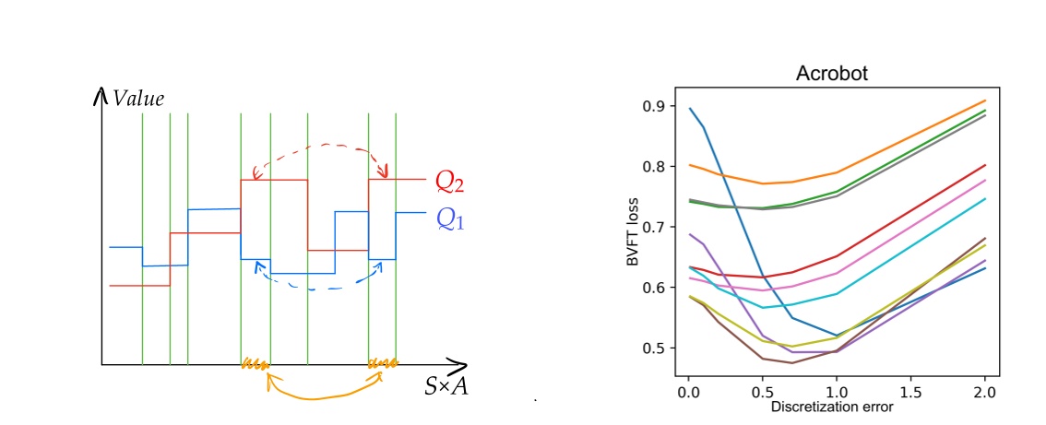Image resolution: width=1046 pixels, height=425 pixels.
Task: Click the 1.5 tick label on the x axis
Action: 911,391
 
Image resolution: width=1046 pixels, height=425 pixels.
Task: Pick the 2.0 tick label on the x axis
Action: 985,391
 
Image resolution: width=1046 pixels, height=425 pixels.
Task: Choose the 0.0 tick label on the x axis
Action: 688,391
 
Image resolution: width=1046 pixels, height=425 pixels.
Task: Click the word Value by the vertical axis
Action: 138,98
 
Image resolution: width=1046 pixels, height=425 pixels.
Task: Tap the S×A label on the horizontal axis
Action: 446,387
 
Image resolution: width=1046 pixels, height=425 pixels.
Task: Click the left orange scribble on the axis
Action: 255,365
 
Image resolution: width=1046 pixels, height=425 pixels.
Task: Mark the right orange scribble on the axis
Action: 383,363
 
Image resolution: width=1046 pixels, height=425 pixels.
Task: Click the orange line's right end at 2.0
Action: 985,100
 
